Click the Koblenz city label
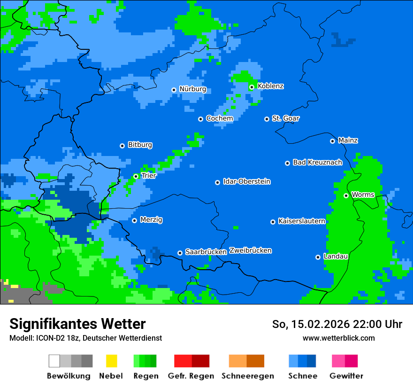click(x=270, y=86)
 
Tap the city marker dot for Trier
click(x=136, y=176)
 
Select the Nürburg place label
click(x=192, y=89)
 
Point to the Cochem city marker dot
click(x=200, y=119)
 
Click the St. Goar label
click(x=285, y=118)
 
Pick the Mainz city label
click(x=348, y=140)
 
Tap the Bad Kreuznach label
click(x=317, y=162)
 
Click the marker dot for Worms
click(x=346, y=195)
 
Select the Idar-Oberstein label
click(x=247, y=181)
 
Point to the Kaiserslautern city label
click(x=302, y=221)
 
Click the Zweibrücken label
click(x=250, y=250)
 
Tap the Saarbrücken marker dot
click(x=180, y=253)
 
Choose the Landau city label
click(x=336, y=256)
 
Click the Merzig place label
click(x=151, y=219)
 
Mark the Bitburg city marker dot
click(x=122, y=146)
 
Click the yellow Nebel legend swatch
click(x=111, y=361)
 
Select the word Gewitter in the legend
click(x=346, y=376)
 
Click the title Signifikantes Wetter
click(x=77, y=324)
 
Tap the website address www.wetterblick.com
click(x=338, y=338)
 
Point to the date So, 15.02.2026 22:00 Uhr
click(x=337, y=324)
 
